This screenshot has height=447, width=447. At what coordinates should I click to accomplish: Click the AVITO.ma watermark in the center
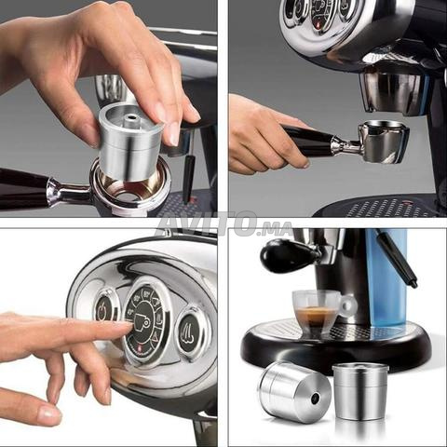(223, 224)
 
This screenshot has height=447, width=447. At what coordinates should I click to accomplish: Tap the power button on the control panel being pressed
(106, 307)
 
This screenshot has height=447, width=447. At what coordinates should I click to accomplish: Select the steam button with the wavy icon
(190, 333)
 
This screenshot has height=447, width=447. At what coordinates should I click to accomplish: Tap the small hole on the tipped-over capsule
(317, 397)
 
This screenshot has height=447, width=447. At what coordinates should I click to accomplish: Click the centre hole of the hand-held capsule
(131, 117)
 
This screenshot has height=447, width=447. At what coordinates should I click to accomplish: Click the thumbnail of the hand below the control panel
(48, 412)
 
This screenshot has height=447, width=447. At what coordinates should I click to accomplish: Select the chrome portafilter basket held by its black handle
(383, 142)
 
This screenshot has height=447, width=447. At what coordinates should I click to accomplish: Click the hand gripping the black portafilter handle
(267, 133)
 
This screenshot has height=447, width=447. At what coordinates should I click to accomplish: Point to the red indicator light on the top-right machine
(318, 25)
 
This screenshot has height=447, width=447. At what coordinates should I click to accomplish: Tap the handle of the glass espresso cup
(347, 305)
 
